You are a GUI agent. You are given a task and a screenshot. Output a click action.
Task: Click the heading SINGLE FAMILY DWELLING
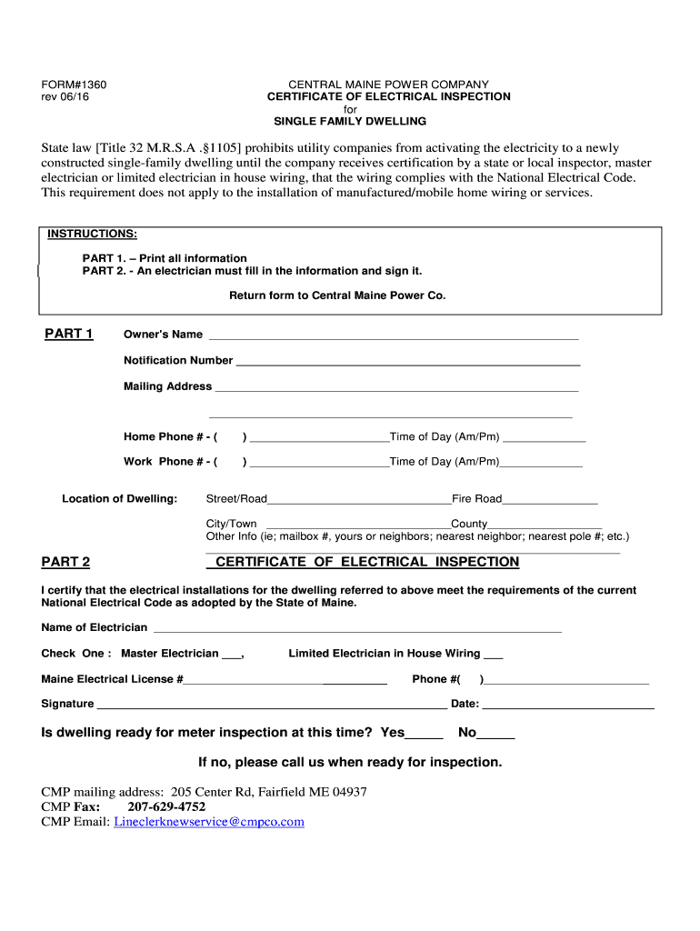click(x=350, y=121)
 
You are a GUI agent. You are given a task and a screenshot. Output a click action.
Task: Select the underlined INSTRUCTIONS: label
click(x=92, y=235)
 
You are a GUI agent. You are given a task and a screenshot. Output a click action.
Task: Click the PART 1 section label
click(x=69, y=334)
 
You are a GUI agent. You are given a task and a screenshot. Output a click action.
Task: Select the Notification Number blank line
click(x=407, y=362)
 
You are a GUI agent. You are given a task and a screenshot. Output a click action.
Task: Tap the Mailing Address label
click(x=167, y=386)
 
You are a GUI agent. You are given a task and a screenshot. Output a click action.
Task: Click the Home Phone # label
click(x=170, y=436)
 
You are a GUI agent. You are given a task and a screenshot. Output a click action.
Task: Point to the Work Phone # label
click(x=170, y=462)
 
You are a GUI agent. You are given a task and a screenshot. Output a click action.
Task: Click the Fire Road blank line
click(x=549, y=500)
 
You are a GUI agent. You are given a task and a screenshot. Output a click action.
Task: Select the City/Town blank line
click(x=357, y=526)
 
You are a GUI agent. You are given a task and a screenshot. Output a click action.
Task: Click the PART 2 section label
click(x=66, y=563)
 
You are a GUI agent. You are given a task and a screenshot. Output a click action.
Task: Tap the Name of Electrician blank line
click(x=357, y=629)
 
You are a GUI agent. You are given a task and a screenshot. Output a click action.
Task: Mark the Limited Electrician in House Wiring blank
click(x=493, y=655)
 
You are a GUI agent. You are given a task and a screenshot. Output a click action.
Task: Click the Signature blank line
click(x=271, y=705)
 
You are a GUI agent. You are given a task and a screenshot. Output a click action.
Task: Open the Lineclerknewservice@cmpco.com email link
click(x=208, y=822)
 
